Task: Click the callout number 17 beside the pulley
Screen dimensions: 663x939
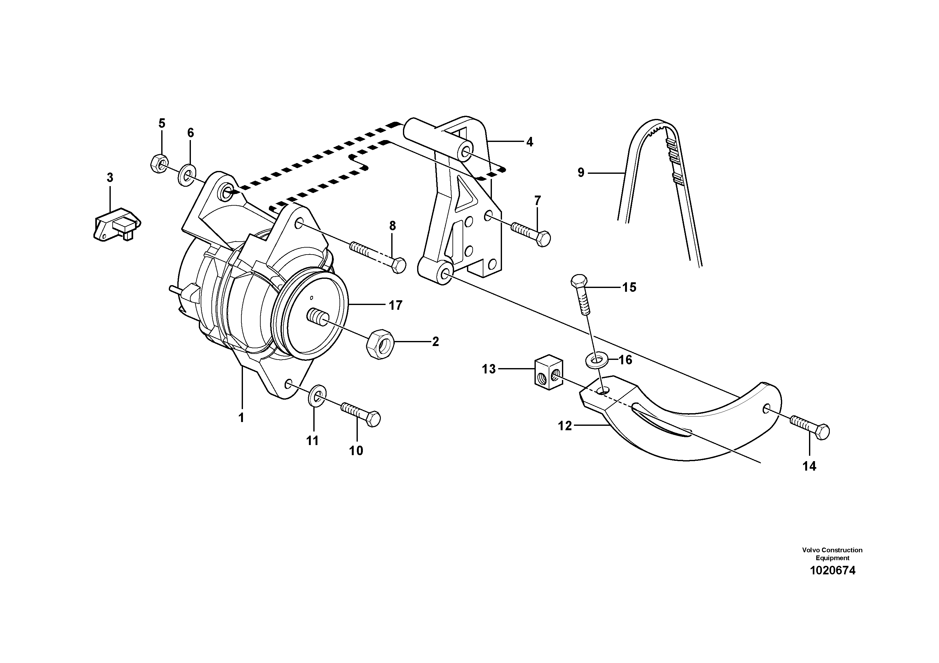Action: (x=395, y=305)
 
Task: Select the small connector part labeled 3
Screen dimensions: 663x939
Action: (x=116, y=225)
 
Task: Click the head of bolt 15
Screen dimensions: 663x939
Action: (x=578, y=282)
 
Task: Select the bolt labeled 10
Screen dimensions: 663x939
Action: (x=361, y=413)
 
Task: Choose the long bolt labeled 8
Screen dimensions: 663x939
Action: (x=378, y=256)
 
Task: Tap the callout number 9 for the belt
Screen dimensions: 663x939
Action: (x=581, y=173)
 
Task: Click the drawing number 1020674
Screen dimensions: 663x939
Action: (x=832, y=571)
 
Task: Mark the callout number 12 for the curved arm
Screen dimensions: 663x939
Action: (x=564, y=426)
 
